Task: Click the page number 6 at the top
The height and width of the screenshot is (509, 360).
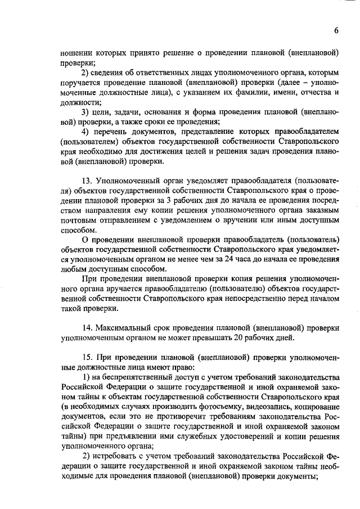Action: click(x=336, y=30)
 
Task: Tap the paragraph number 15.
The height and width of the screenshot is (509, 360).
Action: click(x=88, y=358)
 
